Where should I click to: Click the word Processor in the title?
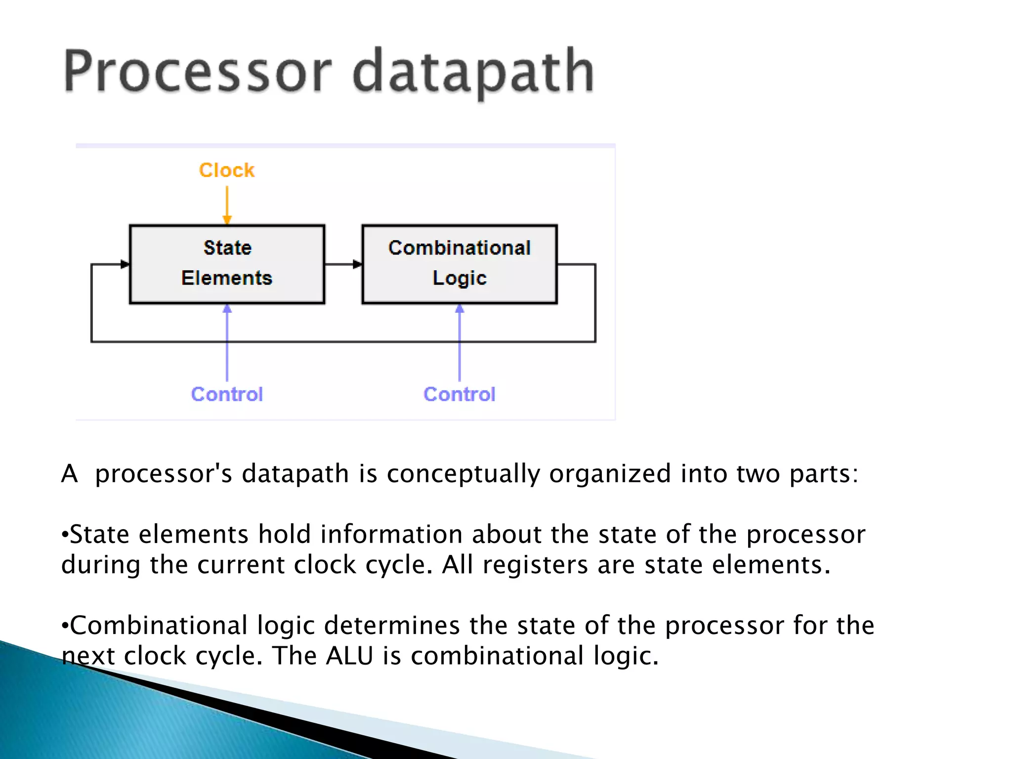click(198, 72)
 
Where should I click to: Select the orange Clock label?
click(227, 170)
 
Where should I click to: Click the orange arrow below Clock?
click(227, 205)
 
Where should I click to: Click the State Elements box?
click(227, 264)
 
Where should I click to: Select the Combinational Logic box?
click(460, 264)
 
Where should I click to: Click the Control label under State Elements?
click(227, 394)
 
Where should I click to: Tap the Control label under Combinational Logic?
click(460, 394)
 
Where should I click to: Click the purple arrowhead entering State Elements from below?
click(227, 309)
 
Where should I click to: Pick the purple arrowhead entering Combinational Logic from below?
click(460, 309)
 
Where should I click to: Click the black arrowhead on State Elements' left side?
click(125, 264)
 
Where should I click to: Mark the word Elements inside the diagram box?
click(227, 278)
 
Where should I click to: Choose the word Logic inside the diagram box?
click(460, 278)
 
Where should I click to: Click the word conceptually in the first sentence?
click(463, 473)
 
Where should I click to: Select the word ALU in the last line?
click(349, 656)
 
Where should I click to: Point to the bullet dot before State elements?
click(64, 535)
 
